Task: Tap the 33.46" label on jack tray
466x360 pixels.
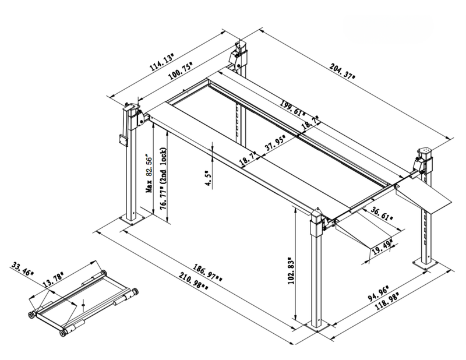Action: pos(23,270)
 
